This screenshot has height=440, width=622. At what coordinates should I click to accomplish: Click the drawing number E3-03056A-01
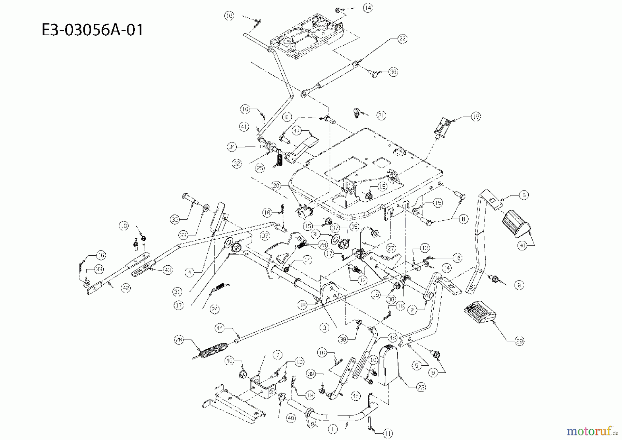(x=92, y=30)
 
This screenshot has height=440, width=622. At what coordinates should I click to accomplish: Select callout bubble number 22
(x=402, y=39)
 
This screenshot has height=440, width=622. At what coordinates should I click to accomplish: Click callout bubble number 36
(x=393, y=72)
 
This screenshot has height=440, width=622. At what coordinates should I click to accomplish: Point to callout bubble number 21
(x=381, y=115)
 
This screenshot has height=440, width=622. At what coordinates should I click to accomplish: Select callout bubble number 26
(x=179, y=340)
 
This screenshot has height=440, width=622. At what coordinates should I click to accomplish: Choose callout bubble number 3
(x=324, y=327)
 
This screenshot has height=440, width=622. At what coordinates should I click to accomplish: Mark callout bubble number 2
(x=412, y=310)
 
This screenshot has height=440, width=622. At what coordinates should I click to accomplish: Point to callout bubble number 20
(x=276, y=185)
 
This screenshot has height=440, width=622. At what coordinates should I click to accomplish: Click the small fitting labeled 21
(x=357, y=113)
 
